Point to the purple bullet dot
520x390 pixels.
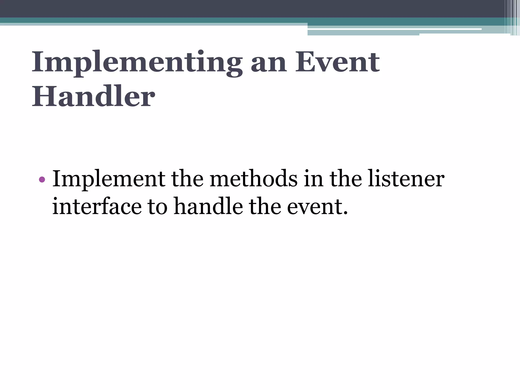[x=42, y=180]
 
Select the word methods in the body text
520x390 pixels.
[x=254, y=179]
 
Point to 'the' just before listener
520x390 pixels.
[x=346, y=179]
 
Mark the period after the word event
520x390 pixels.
[x=345, y=213]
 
